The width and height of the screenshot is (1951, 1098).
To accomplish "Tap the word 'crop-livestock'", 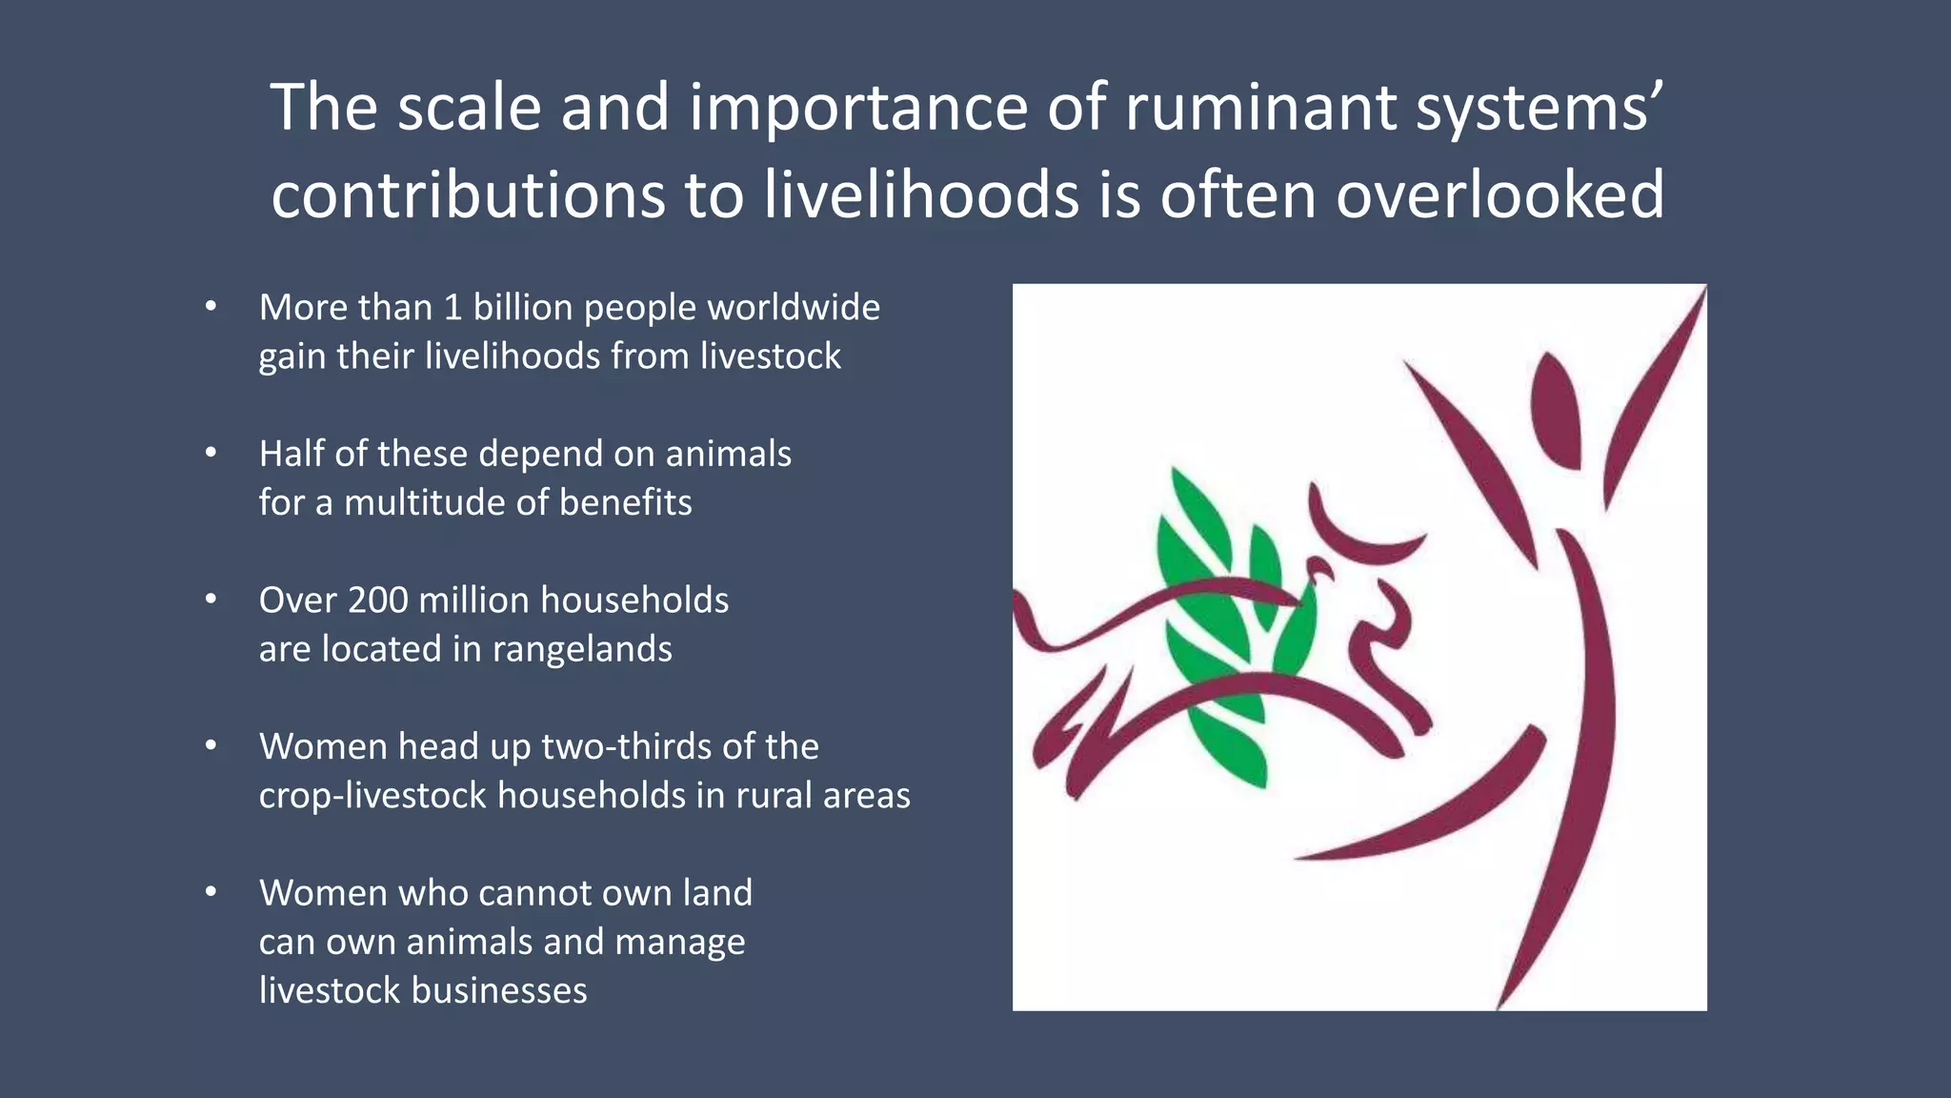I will pyautogui.click(x=372, y=795).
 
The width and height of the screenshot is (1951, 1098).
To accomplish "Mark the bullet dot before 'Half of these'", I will pyautogui.click(x=211, y=453).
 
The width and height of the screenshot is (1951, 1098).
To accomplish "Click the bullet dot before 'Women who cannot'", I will pyautogui.click(x=211, y=892).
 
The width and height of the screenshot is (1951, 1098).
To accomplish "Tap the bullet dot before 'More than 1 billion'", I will pyautogui.click(x=211, y=307).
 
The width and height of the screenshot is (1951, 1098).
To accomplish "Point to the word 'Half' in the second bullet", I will pyautogui.click(x=291, y=454).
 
